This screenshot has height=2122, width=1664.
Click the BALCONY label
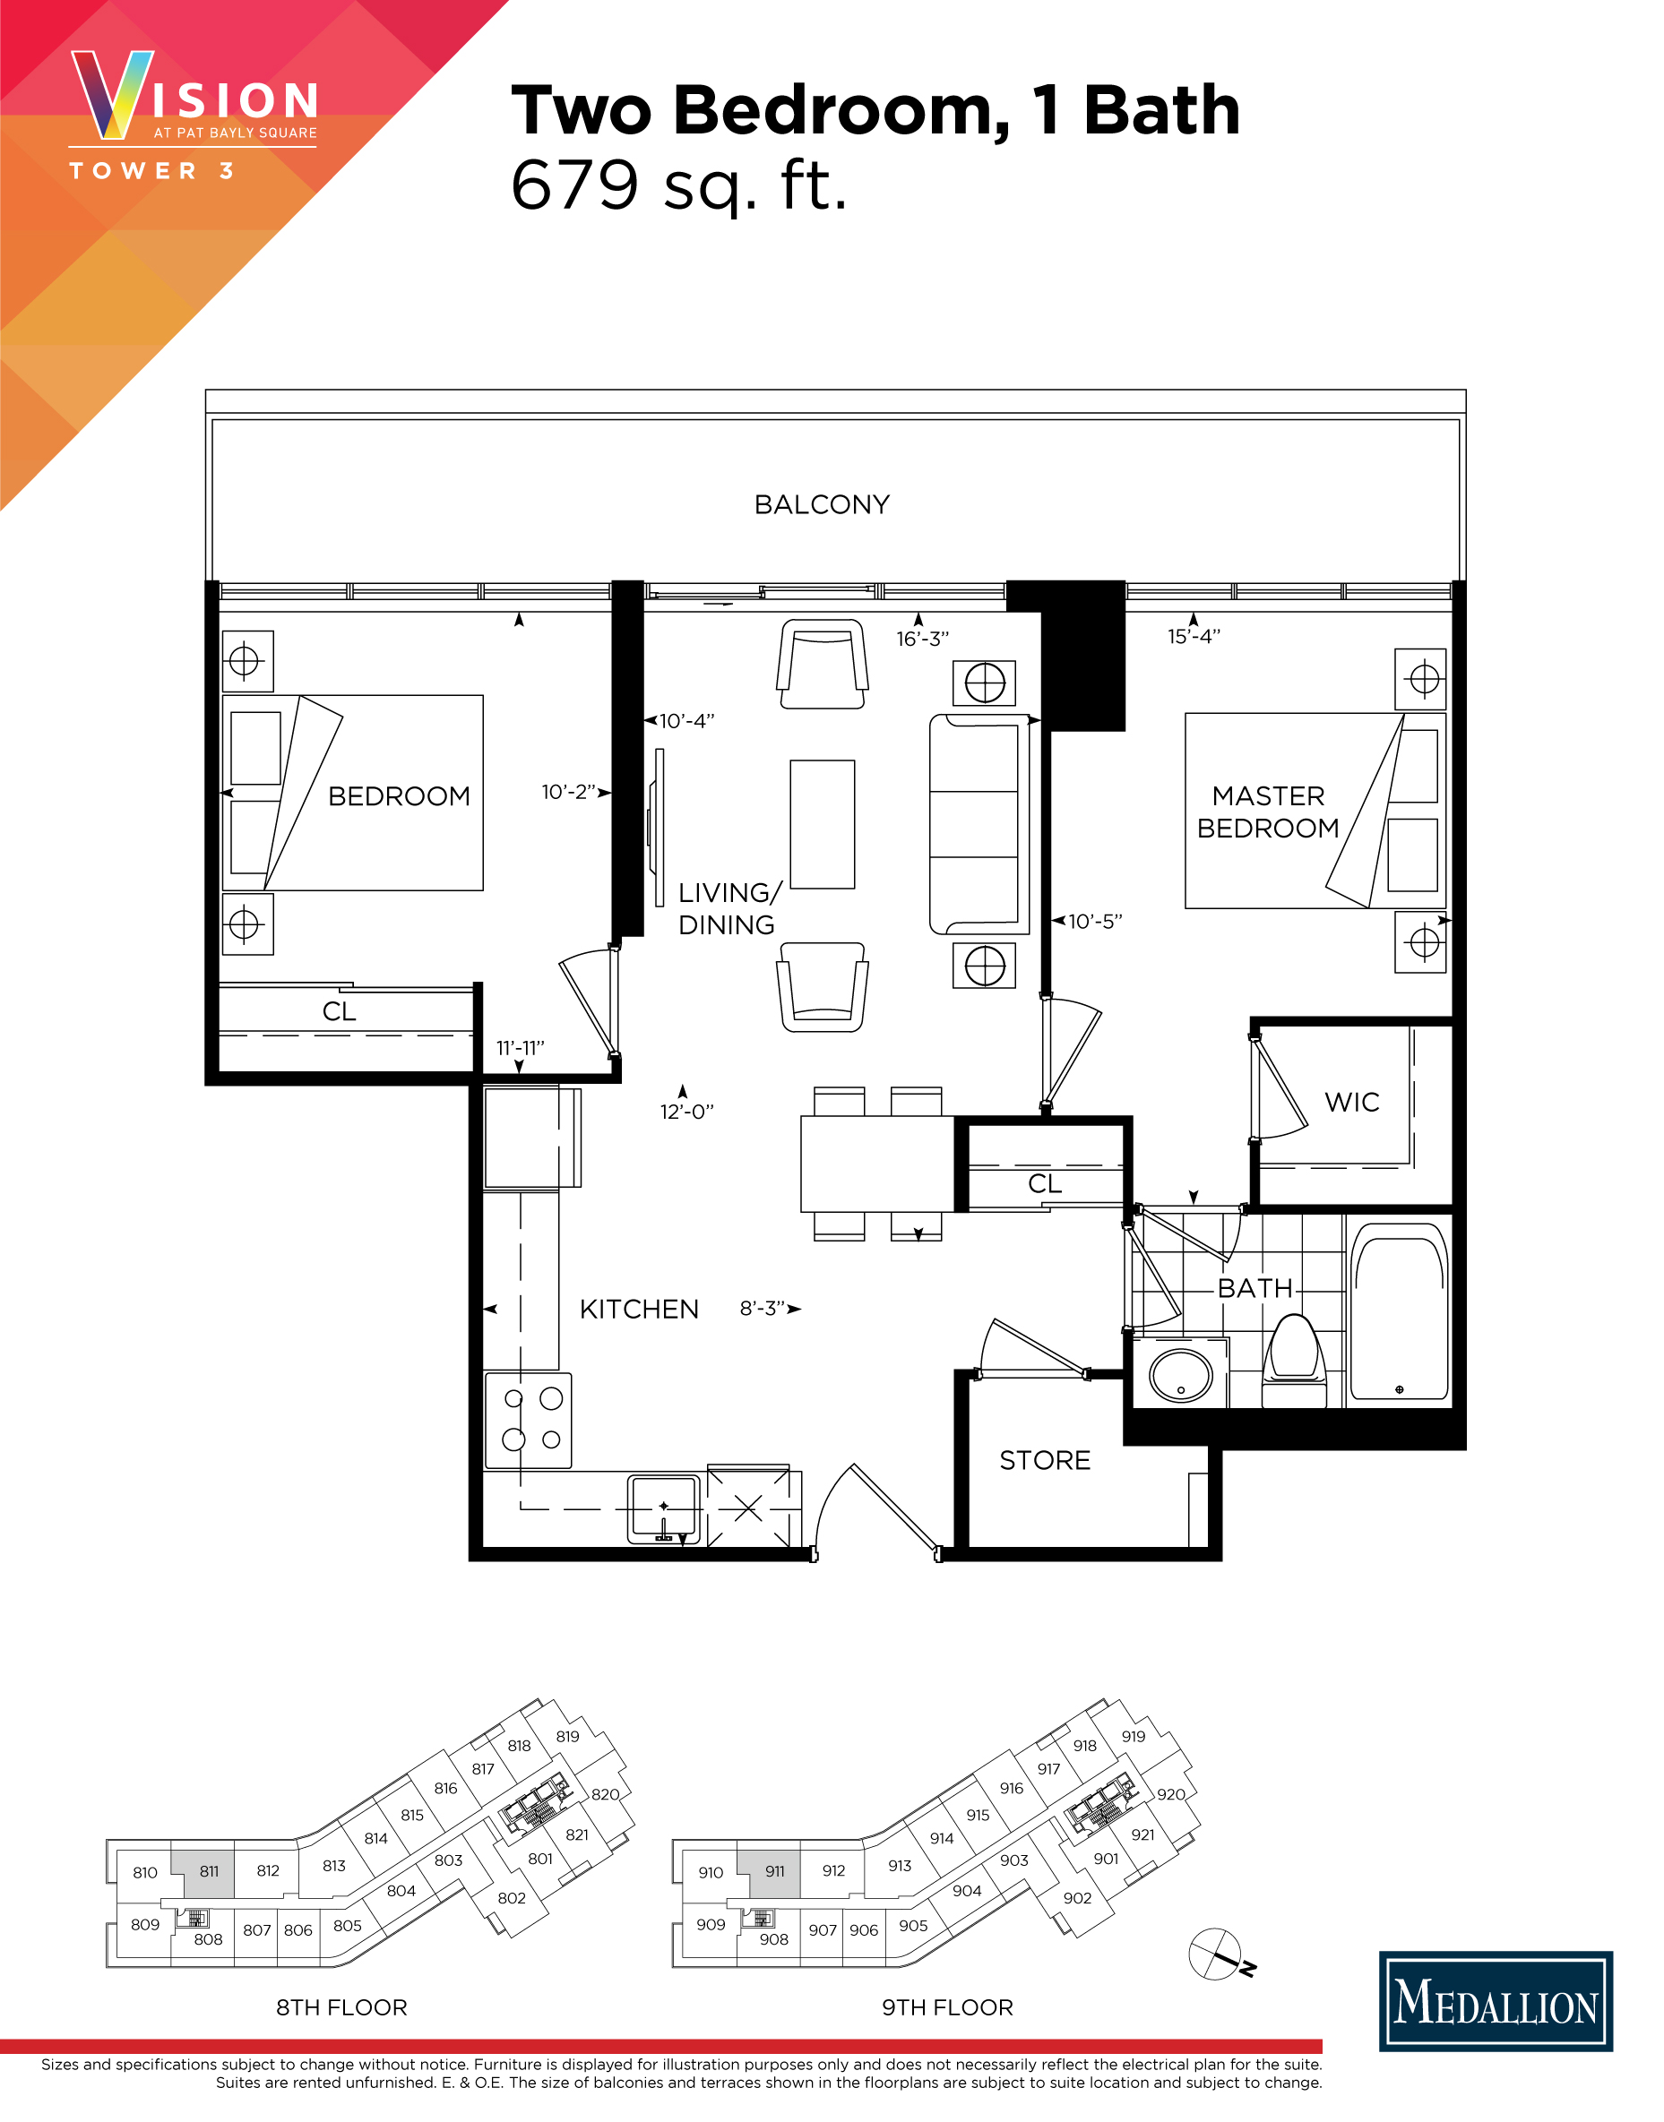pyautogui.click(x=822, y=504)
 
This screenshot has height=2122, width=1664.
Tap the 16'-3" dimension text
pyautogui.click(x=922, y=639)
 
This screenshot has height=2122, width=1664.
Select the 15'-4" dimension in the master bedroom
pyautogui.click(x=1194, y=637)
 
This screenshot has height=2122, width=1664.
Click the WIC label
pyautogui.click(x=1351, y=1103)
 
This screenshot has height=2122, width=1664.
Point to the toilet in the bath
pyautogui.click(x=1294, y=1360)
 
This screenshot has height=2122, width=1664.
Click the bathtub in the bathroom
pyautogui.click(x=1398, y=1311)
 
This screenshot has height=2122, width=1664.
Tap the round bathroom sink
pyautogui.click(x=1180, y=1375)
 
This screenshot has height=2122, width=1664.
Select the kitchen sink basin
pyautogui.click(x=663, y=1508)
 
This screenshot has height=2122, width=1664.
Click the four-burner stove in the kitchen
pyautogui.click(x=528, y=1419)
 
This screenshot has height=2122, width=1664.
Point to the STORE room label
pyautogui.click(x=1045, y=1460)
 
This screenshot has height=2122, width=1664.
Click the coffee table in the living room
pyautogui.click(x=823, y=824)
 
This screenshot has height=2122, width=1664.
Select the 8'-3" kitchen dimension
pyautogui.click(x=763, y=1309)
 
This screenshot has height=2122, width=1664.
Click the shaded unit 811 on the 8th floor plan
pyautogui.click(x=203, y=1871)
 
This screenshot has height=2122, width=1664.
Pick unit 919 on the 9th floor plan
pyautogui.click(x=1133, y=1735)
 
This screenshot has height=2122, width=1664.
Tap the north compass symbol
pyautogui.click(x=1218, y=1954)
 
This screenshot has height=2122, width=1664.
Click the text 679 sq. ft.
pyautogui.click(x=679, y=185)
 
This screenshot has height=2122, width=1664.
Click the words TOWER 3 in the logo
pyautogui.click(x=152, y=171)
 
